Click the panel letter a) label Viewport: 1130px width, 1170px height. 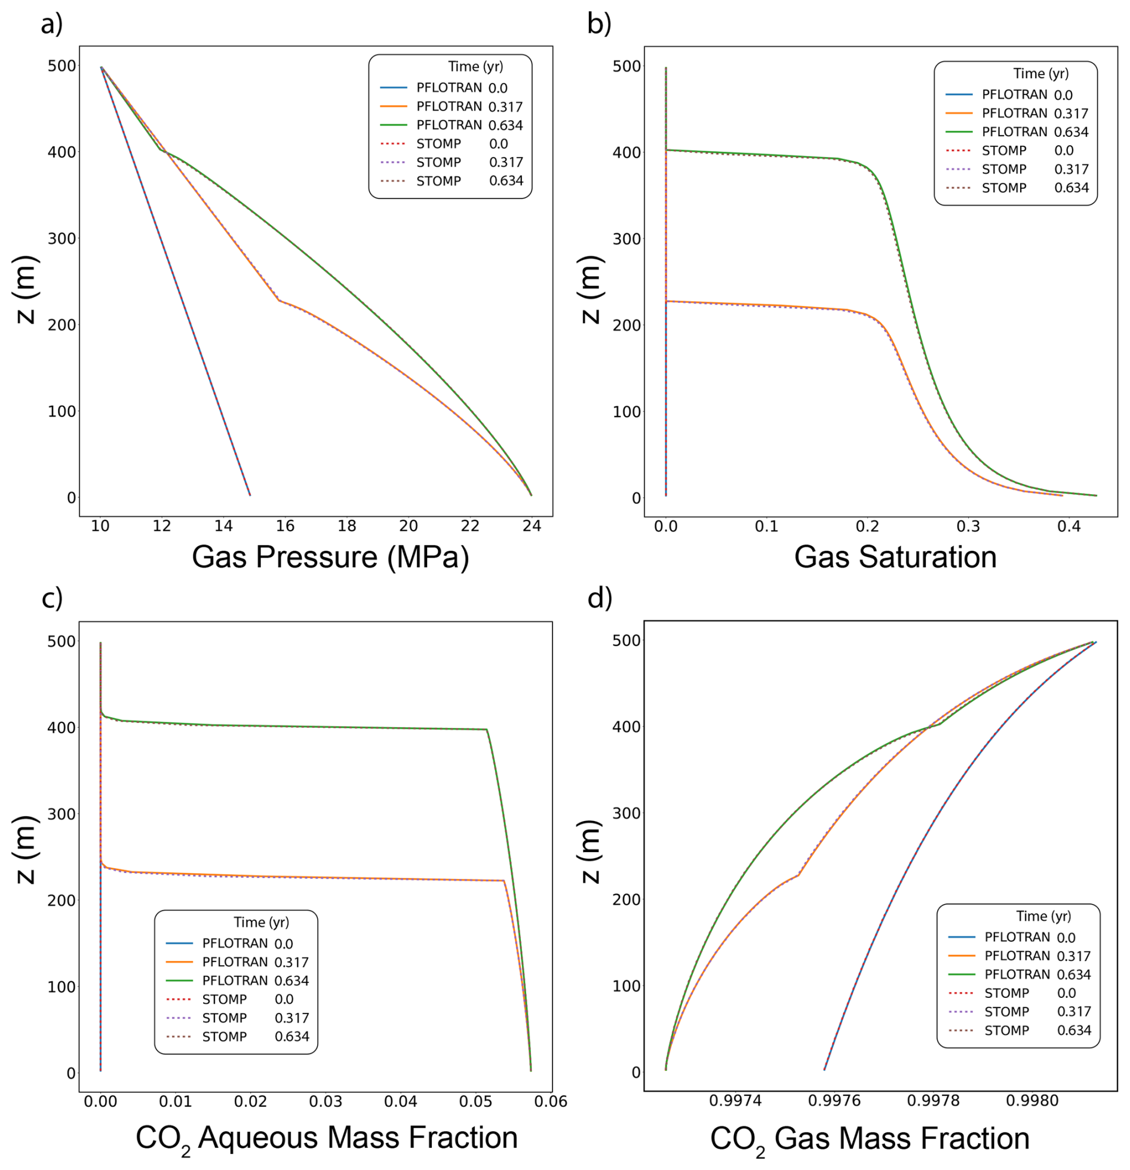pos(51,24)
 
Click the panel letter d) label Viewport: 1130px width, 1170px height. pos(600,598)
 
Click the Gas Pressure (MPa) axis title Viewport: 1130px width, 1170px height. pos(330,557)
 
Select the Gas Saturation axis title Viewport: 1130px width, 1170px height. pos(895,557)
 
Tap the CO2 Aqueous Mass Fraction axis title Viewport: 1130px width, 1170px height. pos(326,1138)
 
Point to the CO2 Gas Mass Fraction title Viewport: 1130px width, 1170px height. pos(869,1138)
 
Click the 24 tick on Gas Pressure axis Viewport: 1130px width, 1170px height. pos(532,526)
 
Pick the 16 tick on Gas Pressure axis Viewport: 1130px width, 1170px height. pos(285,526)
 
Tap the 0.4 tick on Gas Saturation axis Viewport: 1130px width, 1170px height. pos(1068,526)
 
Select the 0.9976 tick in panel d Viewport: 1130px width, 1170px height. pos(834,1101)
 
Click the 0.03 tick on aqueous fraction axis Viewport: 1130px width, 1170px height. pos(326,1101)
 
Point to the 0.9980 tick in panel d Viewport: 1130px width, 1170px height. pos(1031,1101)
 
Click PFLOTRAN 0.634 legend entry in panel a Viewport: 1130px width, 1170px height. pos(451,125)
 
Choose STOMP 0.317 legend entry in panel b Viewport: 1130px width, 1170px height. pos(1017,169)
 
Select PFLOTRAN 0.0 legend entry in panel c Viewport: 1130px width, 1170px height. pos(229,944)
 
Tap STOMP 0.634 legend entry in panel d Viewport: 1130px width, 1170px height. pos(1020,1030)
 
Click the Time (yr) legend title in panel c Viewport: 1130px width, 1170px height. pos(261,922)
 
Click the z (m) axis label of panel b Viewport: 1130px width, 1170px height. pos(589,289)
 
